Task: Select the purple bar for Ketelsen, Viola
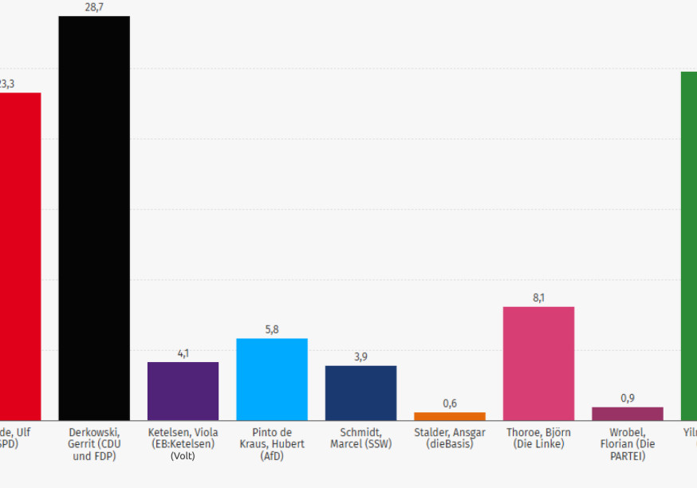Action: [x=183, y=391]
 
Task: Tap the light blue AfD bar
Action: [x=272, y=380]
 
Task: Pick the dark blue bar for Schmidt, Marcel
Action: [x=360, y=392]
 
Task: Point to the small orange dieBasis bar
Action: [x=450, y=416]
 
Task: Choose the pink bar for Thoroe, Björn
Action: [x=538, y=364]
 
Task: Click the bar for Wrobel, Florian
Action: [x=628, y=414]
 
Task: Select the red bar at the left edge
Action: [x=20, y=256]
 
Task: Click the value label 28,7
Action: [x=94, y=7]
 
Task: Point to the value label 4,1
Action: [x=183, y=353]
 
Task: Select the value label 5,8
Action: [x=272, y=329]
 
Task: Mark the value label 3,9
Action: [x=360, y=356]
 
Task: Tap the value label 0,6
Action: [x=450, y=403]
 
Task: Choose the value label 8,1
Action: [x=538, y=297]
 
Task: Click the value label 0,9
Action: [x=628, y=398]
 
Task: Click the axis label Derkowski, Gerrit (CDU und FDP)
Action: [x=94, y=444]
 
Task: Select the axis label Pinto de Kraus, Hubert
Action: [x=272, y=444]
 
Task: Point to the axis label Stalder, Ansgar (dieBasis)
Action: [x=450, y=438]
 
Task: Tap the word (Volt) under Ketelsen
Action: [x=183, y=456]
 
